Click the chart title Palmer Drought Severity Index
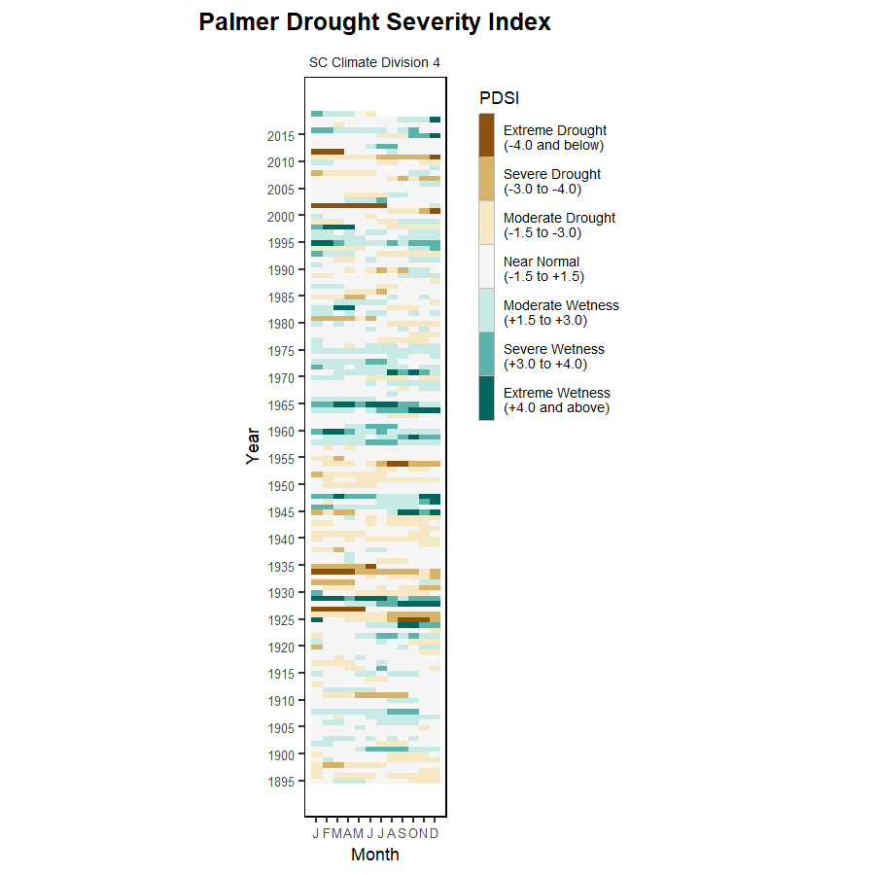(374, 22)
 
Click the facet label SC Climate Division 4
(374, 62)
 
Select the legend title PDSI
(499, 97)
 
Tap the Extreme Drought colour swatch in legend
(486, 135)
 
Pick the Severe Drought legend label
(552, 182)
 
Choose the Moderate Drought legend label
(559, 226)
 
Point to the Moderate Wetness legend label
(561, 313)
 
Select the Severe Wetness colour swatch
(486, 354)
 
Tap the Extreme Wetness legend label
(557, 401)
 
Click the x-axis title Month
(374, 856)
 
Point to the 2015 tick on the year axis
(281, 136)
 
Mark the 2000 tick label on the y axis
(281, 217)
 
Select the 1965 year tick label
(281, 404)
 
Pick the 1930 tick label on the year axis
(281, 593)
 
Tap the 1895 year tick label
(281, 781)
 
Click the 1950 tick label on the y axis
(281, 485)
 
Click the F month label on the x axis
(327, 834)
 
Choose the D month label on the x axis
(435, 834)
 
